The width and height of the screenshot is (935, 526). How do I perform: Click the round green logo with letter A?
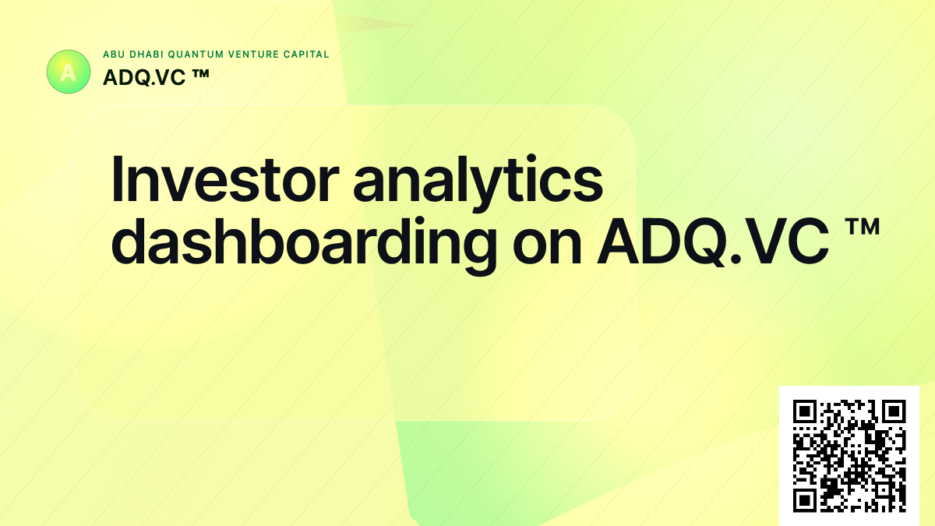(69, 72)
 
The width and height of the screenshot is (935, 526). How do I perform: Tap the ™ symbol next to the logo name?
(198, 76)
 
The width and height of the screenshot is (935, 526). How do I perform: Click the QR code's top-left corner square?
(804, 411)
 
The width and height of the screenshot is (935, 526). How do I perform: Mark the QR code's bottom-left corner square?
(804, 500)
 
